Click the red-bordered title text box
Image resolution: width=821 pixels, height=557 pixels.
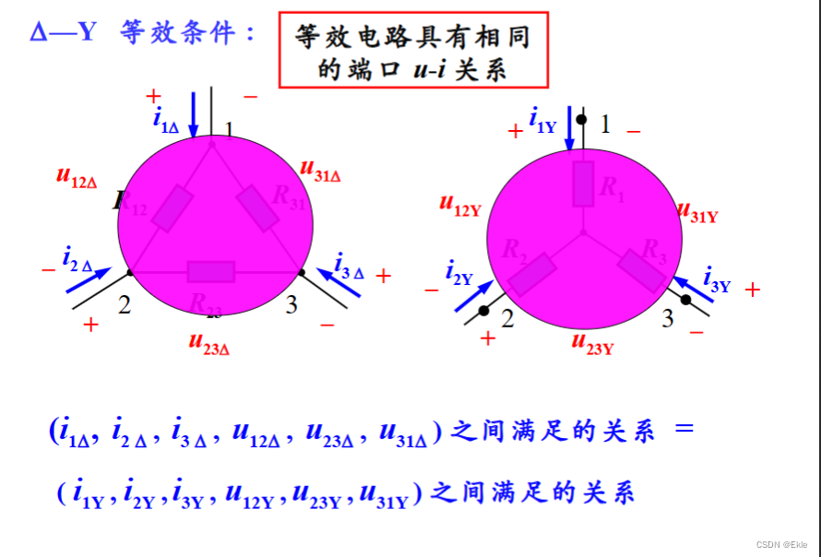pos(412,50)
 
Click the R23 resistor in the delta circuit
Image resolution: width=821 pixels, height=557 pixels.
pos(211,271)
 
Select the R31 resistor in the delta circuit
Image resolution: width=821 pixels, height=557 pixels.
pos(258,207)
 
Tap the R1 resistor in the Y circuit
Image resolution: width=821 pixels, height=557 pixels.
pos(583,184)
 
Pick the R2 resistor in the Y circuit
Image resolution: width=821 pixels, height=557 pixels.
pos(532,274)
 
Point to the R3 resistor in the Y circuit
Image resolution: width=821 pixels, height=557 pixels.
pos(641,270)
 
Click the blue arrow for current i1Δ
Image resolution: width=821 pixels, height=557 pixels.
pos(194,114)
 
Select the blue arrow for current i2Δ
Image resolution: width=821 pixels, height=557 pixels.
pos(89,280)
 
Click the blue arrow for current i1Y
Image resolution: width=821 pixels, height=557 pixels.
pos(569,128)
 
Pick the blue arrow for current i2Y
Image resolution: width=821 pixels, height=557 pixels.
pos(472,295)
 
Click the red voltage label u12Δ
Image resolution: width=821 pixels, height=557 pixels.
pos(77,176)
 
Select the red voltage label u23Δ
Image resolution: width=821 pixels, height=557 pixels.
pos(208,343)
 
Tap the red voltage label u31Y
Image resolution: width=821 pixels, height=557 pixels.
pos(697,213)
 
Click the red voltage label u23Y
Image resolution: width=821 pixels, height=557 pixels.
pos(592,344)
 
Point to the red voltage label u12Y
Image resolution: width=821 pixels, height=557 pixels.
pos(460,205)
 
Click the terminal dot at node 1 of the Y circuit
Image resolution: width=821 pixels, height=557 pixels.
pos(582,120)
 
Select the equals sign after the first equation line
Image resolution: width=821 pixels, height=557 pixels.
pos(683,430)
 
